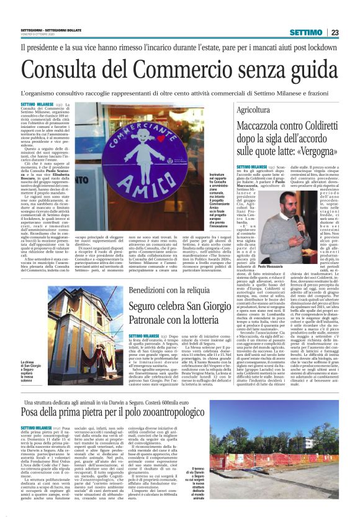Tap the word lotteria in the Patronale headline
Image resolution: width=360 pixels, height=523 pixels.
(x=200, y=322)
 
